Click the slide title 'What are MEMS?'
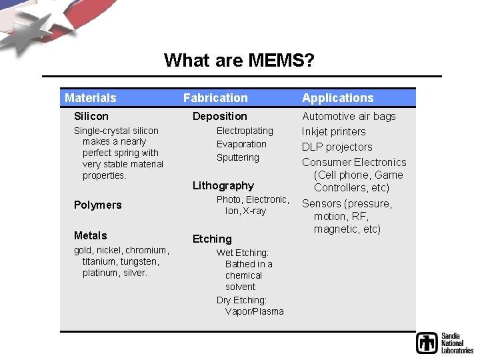coord(239,61)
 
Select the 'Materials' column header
coord(91,98)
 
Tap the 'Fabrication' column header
coord(215,98)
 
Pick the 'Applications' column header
coord(338,98)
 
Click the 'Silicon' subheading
coord(91,116)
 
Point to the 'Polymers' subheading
coord(98,205)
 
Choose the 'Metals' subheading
coord(91,235)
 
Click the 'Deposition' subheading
coord(220,116)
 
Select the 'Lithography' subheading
coord(223,185)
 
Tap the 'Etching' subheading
coord(212,239)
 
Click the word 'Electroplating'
coord(245,131)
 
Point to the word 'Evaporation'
coord(241,144)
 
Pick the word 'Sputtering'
coord(238,157)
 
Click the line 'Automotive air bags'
coord(349,116)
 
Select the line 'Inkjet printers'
coord(334,131)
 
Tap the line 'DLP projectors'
coord(337,147)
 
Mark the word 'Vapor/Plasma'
coord(255,311)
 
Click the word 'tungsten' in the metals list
coord(139,261)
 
